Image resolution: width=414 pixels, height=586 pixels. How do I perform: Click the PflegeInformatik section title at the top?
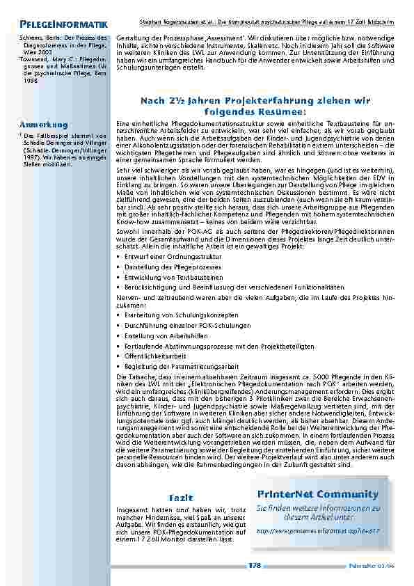pyautogui.click(x=63, y=25)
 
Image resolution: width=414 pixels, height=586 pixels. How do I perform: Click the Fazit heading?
pyautogui.click(x=180, y=497)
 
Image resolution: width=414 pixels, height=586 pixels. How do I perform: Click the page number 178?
pyautogui.click(x=254, y=566)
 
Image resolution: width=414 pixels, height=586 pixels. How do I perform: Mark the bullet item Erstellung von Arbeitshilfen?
pyautogui.click(x=159, y=335)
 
